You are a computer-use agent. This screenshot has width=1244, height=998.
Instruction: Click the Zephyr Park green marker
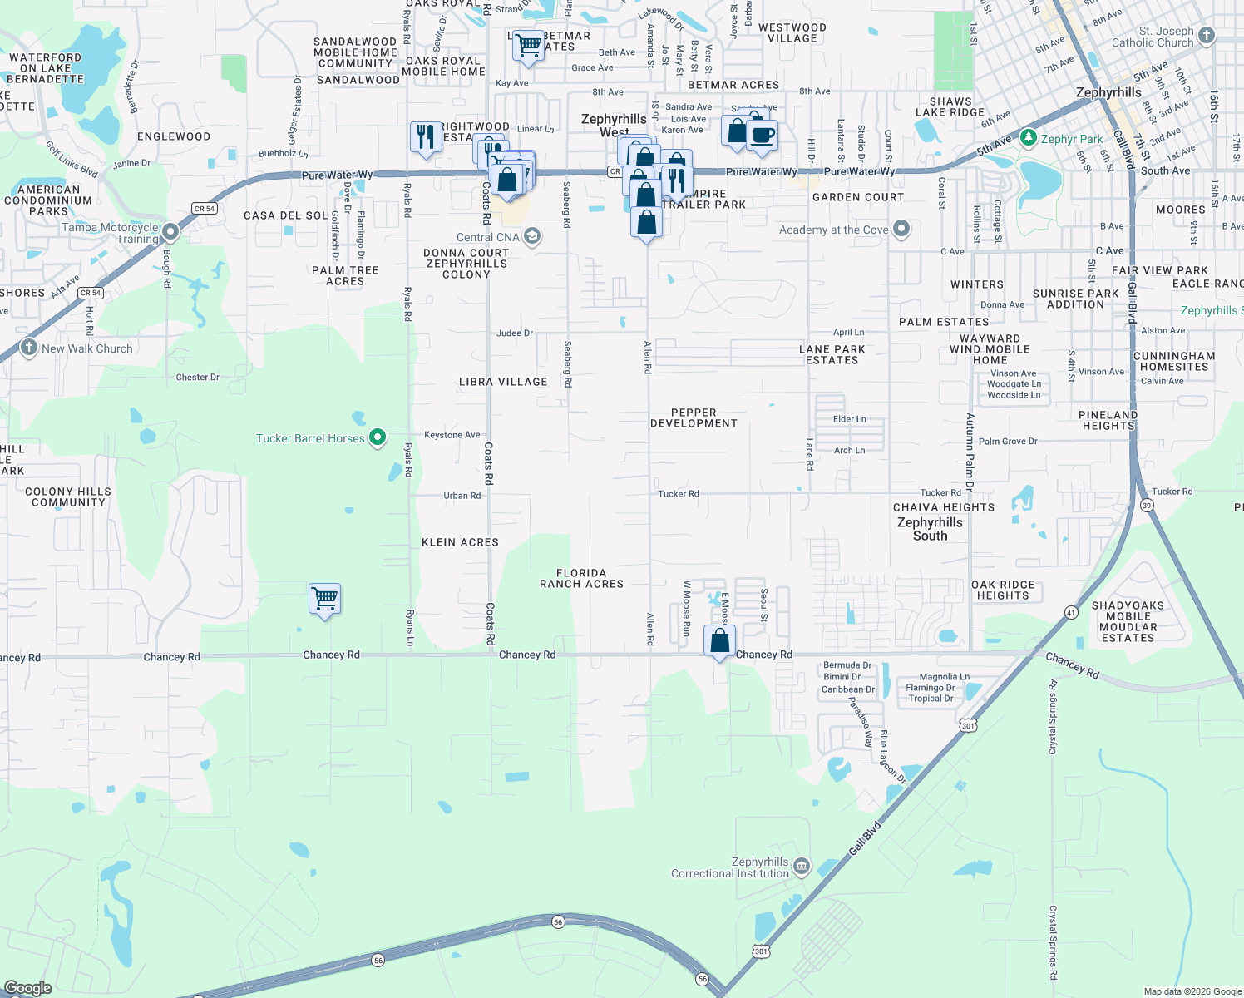pyautogui.click(x=1029, y=138)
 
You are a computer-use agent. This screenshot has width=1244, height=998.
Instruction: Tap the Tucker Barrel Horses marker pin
pyautogui.click(x=378, y=437)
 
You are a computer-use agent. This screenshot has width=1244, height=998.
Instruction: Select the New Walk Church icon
pyautogui.click(x=29, y=348)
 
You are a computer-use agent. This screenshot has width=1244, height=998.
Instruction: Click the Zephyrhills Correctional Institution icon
pyautogui.click(x=802, y=867)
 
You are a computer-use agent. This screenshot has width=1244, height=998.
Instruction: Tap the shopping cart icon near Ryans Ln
pyautogui.click(x=324, y=599)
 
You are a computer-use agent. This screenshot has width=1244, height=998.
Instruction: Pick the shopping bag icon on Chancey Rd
pyautogui.click(x=720, y=640)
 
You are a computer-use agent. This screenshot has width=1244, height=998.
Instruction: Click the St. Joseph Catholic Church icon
pyautogui.click(x=1207, y=36)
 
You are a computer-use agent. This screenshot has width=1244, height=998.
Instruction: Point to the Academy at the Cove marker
pyautogui.click(x=901, y=229)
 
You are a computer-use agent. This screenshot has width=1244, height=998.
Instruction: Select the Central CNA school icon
pyautogui.click(x=532, y=236)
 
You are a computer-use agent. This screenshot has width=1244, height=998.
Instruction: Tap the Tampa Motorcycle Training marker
pyautogui.click(x=170, y=232)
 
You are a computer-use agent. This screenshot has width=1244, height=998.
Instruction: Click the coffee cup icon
pyautogui.click(x=762, y=136)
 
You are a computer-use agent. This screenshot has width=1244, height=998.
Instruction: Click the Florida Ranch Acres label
pyautogui.click(x=581, y=578)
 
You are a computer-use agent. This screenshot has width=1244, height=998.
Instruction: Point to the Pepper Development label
pyautogui.click(x=694, y=417)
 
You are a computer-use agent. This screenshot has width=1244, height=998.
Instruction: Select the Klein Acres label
pyautogui.click(x=460, y=542)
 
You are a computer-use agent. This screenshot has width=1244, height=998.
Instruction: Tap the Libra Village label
pyautogui.click(x=503, y=382)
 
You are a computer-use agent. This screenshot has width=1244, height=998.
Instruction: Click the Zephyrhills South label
pyautogui.click(x=930, y=529)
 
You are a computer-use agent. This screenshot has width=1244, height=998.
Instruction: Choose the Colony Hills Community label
pyautogui.click(x=68, y=497)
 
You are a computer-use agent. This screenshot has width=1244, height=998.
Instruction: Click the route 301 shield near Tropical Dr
pyautogui.click(x=968, y=726)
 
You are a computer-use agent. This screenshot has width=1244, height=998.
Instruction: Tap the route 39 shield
pyautogui.click(x=1147, y=506)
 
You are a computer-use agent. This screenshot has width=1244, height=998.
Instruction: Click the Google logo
pyautogui.click(x=28, y=987)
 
